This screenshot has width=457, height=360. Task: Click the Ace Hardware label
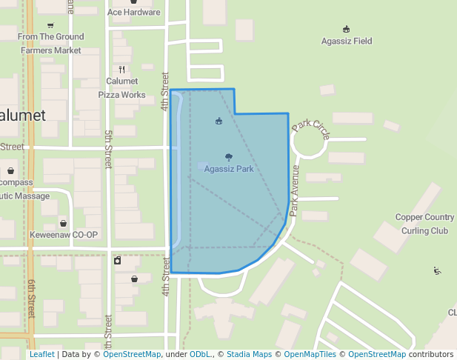point(133,13)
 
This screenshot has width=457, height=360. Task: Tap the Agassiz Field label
point(347,41)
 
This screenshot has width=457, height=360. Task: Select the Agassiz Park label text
point(229,169)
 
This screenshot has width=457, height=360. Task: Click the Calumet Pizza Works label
point(122,88)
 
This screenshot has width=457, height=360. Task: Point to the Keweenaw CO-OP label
point(64,235)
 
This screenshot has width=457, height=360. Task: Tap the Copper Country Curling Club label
point(424,224)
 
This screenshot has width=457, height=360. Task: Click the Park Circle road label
point(311,129)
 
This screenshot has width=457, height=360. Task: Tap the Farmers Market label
point(50,50)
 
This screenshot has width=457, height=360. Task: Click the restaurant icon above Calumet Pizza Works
point(121,70)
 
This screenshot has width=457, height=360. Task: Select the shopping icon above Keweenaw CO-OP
point(64,223)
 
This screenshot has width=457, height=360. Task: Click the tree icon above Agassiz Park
point(228,157)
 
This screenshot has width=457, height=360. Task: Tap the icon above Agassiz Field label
point(347,29)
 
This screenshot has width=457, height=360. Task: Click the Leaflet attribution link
point(41,355)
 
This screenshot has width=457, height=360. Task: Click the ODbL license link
point(201,355)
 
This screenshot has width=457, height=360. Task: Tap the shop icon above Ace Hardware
point(133,2)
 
